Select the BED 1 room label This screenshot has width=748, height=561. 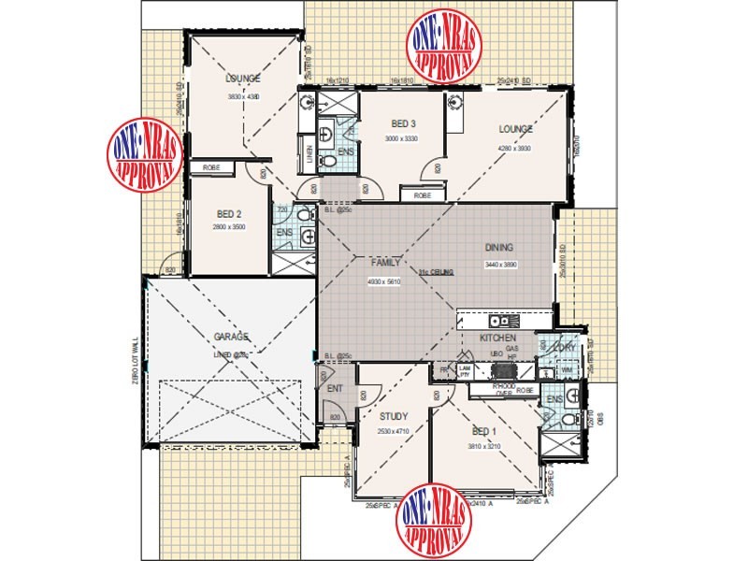[x=483, y=431]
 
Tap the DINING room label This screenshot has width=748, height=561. [x=500, y=248]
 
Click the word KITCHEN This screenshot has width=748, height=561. [x=497, y=337]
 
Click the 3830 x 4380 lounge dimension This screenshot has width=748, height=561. [x=242, y=96]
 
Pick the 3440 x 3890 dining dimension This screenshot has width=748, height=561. [x=500, y=266]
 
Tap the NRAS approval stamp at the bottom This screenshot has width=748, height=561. [x=434, y=519]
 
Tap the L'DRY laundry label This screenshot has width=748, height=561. [x=566, y=348]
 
